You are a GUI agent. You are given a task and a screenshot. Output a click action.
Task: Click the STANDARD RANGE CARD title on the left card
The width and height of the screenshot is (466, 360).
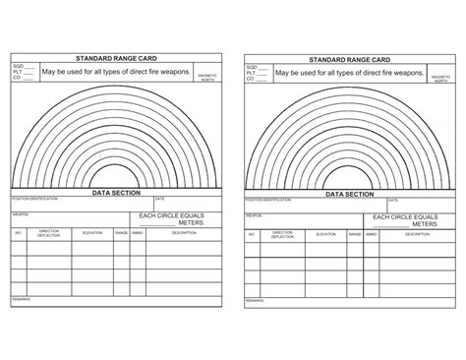click(x=117, y=59)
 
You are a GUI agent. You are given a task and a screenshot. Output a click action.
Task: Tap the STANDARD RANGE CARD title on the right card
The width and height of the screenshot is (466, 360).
click(x=348, y=59)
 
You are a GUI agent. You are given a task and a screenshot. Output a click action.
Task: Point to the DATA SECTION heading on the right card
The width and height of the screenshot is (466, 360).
click(x=348, y=195)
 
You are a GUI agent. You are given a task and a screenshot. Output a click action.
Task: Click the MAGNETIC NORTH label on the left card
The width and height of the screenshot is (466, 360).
click(x=206, y=78)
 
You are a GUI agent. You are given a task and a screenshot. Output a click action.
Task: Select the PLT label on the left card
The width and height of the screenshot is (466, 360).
click(x=18, y=73)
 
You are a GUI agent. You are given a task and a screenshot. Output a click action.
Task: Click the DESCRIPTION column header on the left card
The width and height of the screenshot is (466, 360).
click(x=185, y=233)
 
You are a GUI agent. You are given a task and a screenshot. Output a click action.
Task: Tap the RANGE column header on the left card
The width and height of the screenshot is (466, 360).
click(x=122, y=233)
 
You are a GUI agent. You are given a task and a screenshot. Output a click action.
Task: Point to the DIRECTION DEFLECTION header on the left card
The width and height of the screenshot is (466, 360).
click(x=48, y=234)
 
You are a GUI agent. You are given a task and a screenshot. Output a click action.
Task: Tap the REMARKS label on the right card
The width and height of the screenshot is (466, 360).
click(x=255, y=299)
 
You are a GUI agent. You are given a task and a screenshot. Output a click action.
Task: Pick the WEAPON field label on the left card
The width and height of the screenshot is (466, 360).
click(x=20, y=211)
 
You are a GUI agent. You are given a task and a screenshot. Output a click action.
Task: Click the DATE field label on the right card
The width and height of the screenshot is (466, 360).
click(x=389, y=200)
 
